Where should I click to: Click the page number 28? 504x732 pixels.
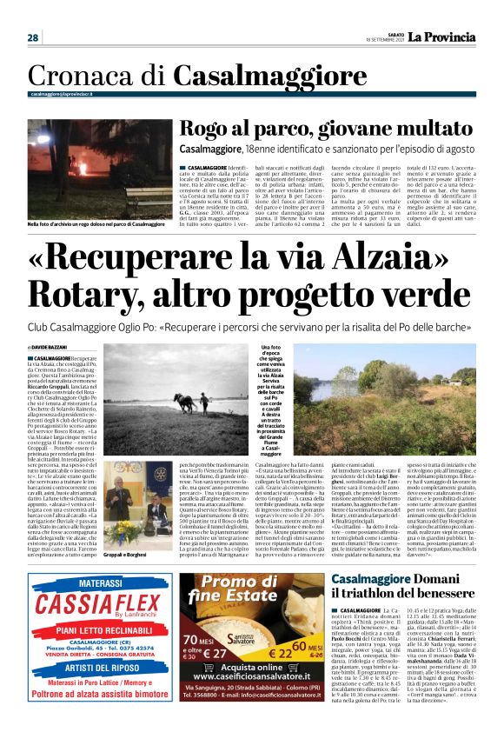coord(33,37)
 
